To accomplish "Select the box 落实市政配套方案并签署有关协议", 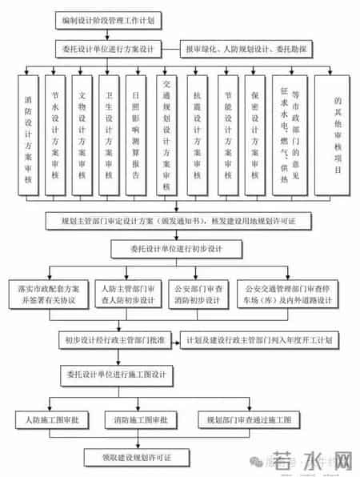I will (x=48, y=292).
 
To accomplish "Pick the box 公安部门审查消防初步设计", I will (x=196, y=292).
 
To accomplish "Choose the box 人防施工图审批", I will (x=48, y=419).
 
